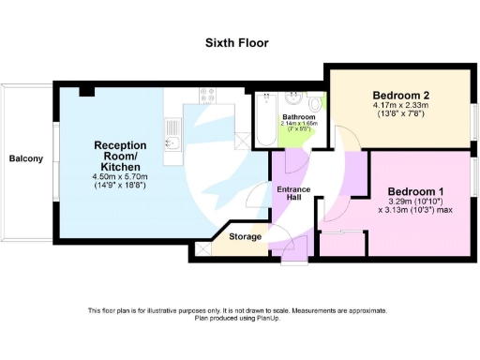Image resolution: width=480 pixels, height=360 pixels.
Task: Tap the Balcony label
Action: coord(26,158)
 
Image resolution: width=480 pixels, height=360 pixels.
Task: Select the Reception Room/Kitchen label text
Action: coord(120,153)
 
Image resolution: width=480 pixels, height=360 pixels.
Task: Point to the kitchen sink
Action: coord(172,143)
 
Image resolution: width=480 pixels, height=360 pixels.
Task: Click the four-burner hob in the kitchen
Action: coord(208,94)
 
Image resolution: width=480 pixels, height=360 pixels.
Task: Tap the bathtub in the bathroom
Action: coord(264,117)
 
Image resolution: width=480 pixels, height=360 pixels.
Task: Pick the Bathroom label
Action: coord(299,117)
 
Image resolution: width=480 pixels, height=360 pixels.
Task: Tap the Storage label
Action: coord(247,237)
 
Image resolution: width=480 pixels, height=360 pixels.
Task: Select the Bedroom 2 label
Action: coord(400,96)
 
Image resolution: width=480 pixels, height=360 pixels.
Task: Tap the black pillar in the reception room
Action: coord(84,91)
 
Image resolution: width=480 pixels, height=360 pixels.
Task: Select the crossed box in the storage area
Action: coord(204,250)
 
